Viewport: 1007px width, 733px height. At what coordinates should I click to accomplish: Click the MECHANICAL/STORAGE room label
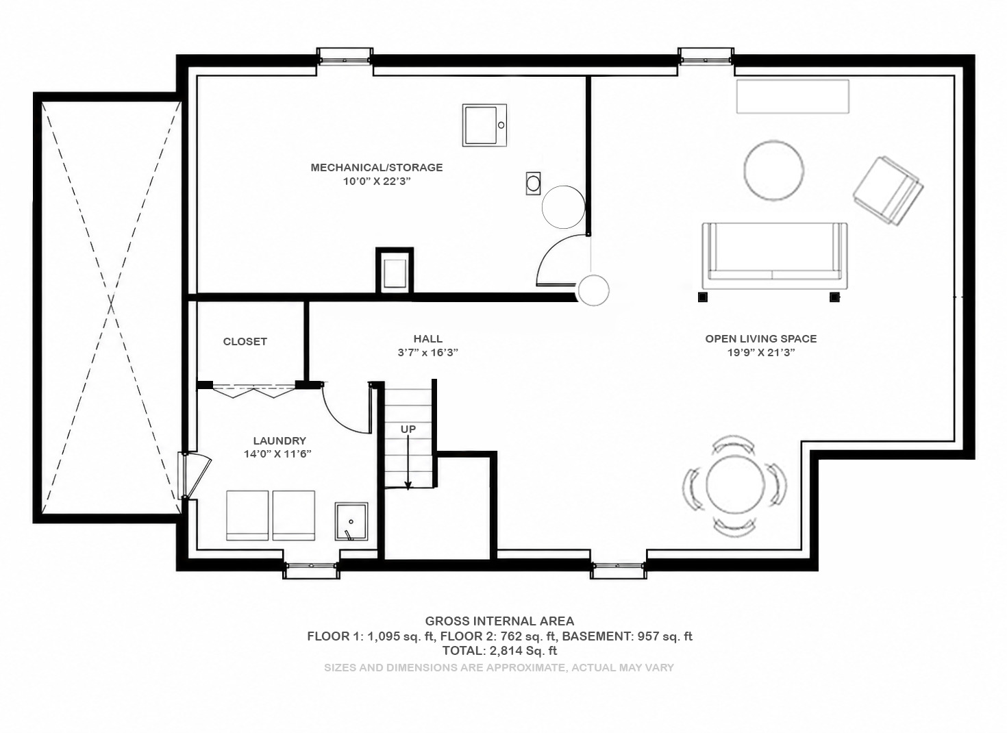click(x=377, y=167)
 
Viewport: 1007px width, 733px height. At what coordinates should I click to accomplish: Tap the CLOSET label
click(x=245, y=341)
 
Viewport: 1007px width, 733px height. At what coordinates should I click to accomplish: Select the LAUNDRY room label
click(x=279, y=440)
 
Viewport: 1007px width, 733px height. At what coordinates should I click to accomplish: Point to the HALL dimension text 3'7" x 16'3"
click(x=427, y=353)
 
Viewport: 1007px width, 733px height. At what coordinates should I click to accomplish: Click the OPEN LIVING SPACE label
click(x=761, y=338)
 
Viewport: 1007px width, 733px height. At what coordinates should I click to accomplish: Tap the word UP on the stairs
click(x=408, y=430)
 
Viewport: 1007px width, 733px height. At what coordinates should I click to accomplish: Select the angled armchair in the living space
click(x=888, y=190)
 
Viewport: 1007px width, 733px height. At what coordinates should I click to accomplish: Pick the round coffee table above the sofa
click(x=773, y=171)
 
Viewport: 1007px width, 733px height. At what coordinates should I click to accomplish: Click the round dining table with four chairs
click(x=735, y=485)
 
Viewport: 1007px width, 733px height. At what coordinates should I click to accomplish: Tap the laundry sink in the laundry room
click(x=351, y=521)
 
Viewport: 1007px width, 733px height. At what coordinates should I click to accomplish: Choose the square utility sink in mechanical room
click(x=484, y=125)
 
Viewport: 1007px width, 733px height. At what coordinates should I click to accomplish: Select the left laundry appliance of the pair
click(x=247, y=515)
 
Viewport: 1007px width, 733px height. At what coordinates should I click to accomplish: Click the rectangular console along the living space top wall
click(x=793, y=96)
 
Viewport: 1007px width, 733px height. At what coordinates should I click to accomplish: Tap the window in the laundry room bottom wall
click(x=311, y=570)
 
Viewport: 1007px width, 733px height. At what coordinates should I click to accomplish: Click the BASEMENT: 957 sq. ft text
click(x=627, y=636)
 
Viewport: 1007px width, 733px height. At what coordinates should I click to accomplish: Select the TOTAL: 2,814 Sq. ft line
click(x=499, y=651)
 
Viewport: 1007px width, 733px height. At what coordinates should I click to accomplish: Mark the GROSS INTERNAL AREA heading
click(x=499, y=621)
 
